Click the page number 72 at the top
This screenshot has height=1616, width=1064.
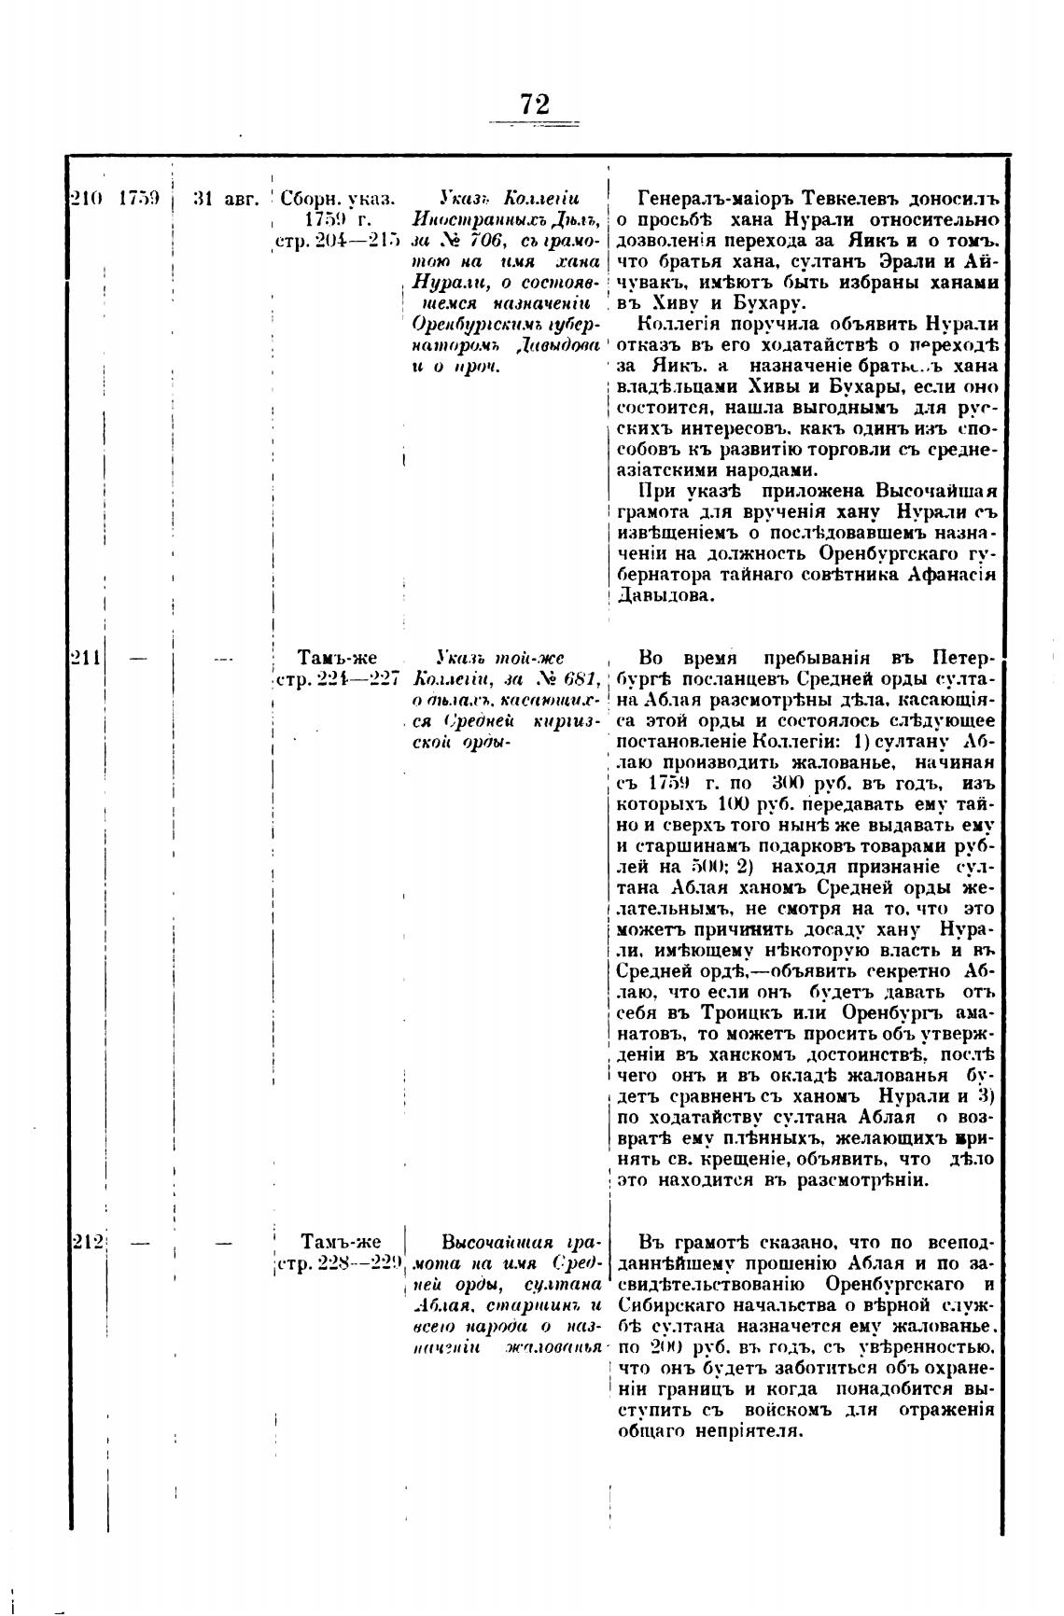[535, 104]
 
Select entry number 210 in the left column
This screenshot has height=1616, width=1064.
[86, 199]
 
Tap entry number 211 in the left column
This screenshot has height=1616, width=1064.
[86, 658]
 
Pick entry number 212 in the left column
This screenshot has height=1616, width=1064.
[88, 1242]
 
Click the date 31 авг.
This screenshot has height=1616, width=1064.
[224, 199]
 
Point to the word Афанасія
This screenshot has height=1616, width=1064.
[949, 575]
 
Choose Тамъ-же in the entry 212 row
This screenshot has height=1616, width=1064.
[342, 1242]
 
